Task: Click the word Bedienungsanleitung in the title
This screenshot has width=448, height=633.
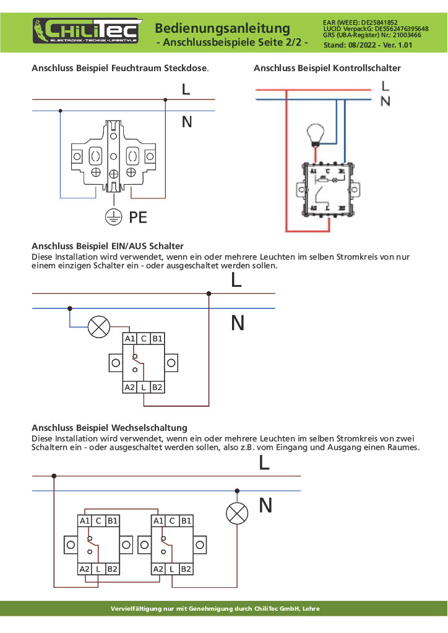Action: click(x=222, y=28)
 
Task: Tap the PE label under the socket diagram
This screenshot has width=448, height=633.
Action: click(x=138, y=217)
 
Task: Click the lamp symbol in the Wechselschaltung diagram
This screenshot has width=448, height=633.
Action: click(x=236, y=513)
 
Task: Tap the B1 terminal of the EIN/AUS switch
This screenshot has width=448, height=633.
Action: click(x=158, y=338)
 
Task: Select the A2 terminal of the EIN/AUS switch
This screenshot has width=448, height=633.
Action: click(x=129, y=388)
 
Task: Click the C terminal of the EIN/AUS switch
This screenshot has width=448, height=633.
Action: click(x=144, y=338)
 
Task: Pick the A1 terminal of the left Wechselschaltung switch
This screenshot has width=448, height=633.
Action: click(x=85, y=520)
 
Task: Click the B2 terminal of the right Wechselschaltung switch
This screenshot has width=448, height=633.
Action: click(x=186, y=568)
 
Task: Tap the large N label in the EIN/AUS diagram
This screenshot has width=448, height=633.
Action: click(x=238, y=323)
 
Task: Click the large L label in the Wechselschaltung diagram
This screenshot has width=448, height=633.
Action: click(x=264, y=463)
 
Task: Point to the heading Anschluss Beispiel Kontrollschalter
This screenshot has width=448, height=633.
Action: click(x=327, y=68)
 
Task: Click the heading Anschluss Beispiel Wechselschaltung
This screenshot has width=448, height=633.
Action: click(x=110, y=427)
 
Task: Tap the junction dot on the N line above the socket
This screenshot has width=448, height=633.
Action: click(x=60, y=111)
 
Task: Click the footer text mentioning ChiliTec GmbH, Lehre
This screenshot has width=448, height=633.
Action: click(x=214, y=608)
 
